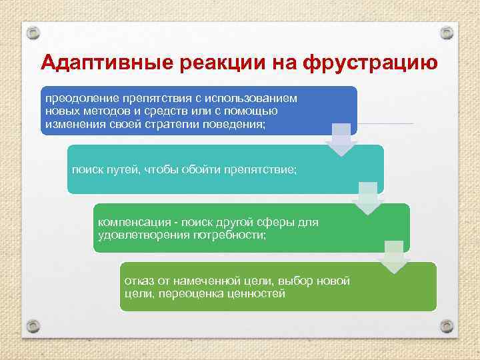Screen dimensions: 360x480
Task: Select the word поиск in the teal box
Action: coord(87,169)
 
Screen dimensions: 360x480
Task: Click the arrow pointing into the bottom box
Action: coord(393,257)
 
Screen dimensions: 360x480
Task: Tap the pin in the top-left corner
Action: coord(33,33)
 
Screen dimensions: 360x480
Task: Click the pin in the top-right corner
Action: coord(447,33)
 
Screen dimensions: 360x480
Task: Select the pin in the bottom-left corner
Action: coord(33,326)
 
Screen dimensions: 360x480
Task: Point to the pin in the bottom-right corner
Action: coord(447,326)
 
